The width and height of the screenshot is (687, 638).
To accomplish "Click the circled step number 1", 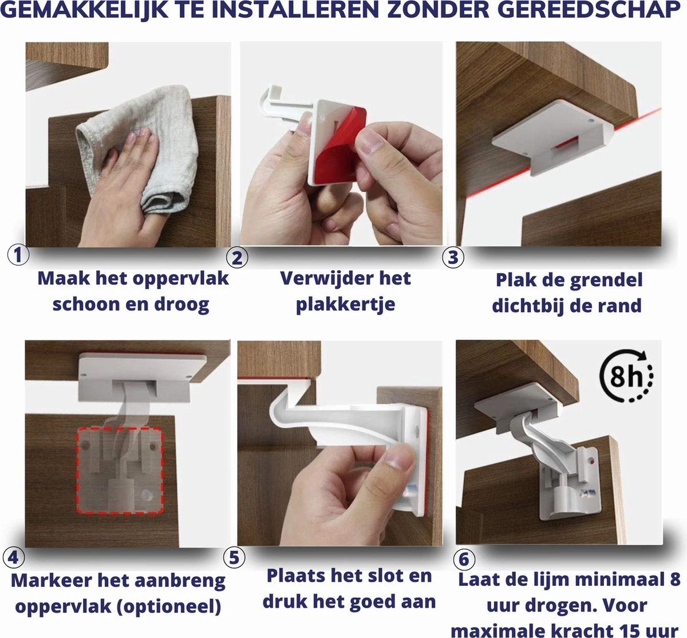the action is (18, 255).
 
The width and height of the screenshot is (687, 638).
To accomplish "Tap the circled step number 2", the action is (237, 257).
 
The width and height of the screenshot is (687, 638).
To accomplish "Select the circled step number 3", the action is (453, 257).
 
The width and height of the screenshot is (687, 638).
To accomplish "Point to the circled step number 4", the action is (14, 558).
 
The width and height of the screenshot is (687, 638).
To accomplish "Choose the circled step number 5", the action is (234, 557).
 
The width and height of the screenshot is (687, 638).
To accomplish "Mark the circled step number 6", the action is (464, 559).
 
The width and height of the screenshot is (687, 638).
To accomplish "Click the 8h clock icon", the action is (626, 376).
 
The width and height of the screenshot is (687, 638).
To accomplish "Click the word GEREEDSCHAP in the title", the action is (590, 10).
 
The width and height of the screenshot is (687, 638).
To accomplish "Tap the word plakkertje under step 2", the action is (346, 305).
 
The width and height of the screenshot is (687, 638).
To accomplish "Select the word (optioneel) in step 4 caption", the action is (168, 607).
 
